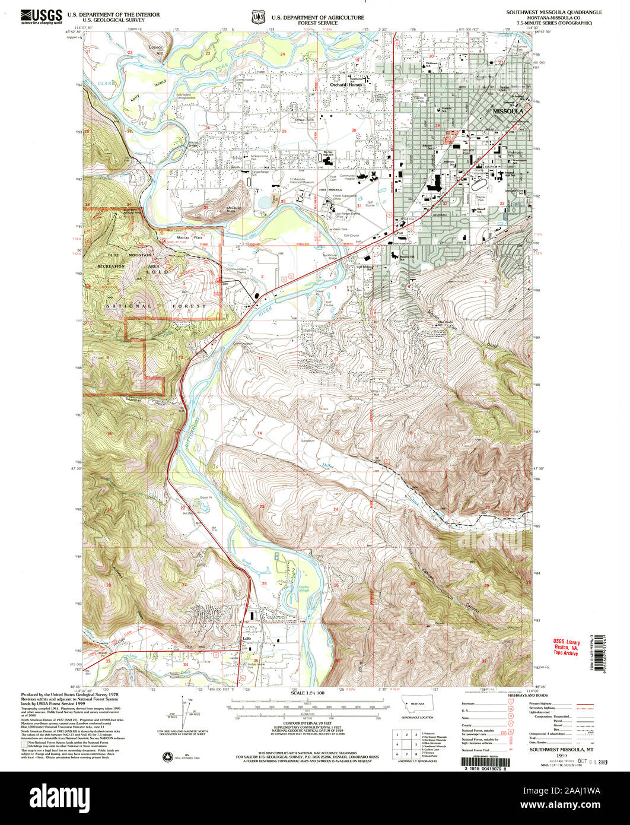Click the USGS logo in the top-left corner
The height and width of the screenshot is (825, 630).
pyautogui.click(x=41, y=16)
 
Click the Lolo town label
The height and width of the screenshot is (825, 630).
pyautogui.click(x=247, y=639)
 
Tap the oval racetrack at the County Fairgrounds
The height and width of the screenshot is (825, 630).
pyautogui.click(x=478, y=186)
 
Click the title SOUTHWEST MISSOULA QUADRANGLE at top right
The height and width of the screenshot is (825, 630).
pyautogui.click(x=553, y=12)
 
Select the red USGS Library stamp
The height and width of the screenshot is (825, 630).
pyautogui.click(x=566, y=647)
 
